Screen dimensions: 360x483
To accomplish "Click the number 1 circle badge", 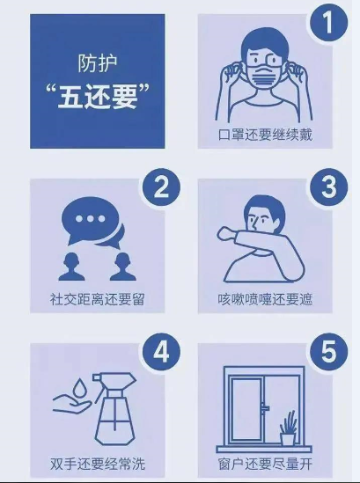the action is pos(328,23).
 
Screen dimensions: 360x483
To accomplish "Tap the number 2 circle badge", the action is pos(161,187).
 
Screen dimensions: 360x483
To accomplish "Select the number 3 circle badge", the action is pos(328,187).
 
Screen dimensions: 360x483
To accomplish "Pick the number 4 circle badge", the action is pos(161,352).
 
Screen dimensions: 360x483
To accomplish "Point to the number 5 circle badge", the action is pos(328,352).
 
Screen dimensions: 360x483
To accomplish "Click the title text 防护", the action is pos(97,63).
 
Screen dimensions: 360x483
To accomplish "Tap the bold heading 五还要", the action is pos(98,97).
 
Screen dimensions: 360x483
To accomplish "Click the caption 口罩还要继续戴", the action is pos(265,135).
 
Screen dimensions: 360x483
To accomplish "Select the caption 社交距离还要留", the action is pos(97,299).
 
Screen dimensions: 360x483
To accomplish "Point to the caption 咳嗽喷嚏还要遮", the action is pos(265,299).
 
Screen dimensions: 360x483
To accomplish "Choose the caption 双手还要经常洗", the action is pos(98,464).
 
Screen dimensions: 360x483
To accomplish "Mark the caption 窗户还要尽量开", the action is pos(265,464).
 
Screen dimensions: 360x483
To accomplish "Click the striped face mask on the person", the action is pos(265,76).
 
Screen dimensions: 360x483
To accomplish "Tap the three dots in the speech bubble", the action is pos(90,219).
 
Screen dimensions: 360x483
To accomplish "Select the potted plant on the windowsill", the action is pos(288,428).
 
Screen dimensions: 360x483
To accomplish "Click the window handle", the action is pos(265,408).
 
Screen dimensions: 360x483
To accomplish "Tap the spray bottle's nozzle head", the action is pos(114,382).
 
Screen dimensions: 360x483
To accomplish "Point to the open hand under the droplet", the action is pos(72,404).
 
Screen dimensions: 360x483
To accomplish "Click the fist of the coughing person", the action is pos(226,233).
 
